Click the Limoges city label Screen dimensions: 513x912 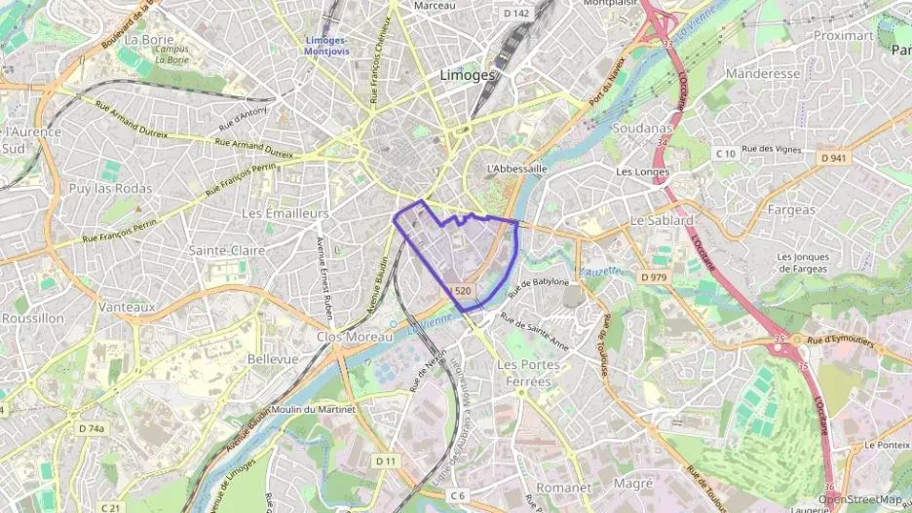tap(468, 74)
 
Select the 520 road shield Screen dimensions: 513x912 tap(463, 291)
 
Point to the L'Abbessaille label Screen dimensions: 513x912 tap(516, 167)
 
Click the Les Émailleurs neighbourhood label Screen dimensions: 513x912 tap(285, 212)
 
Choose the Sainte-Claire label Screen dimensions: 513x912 tap(227, 250)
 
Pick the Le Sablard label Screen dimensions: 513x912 tap(662, 220)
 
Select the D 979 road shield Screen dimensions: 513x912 tap(655, 277)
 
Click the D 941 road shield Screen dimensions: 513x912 tap(834, 158)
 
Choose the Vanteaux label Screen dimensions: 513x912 tap(127, 306)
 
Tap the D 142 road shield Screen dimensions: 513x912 tap(517, 14)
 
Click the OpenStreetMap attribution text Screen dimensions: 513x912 tap(860, 499)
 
